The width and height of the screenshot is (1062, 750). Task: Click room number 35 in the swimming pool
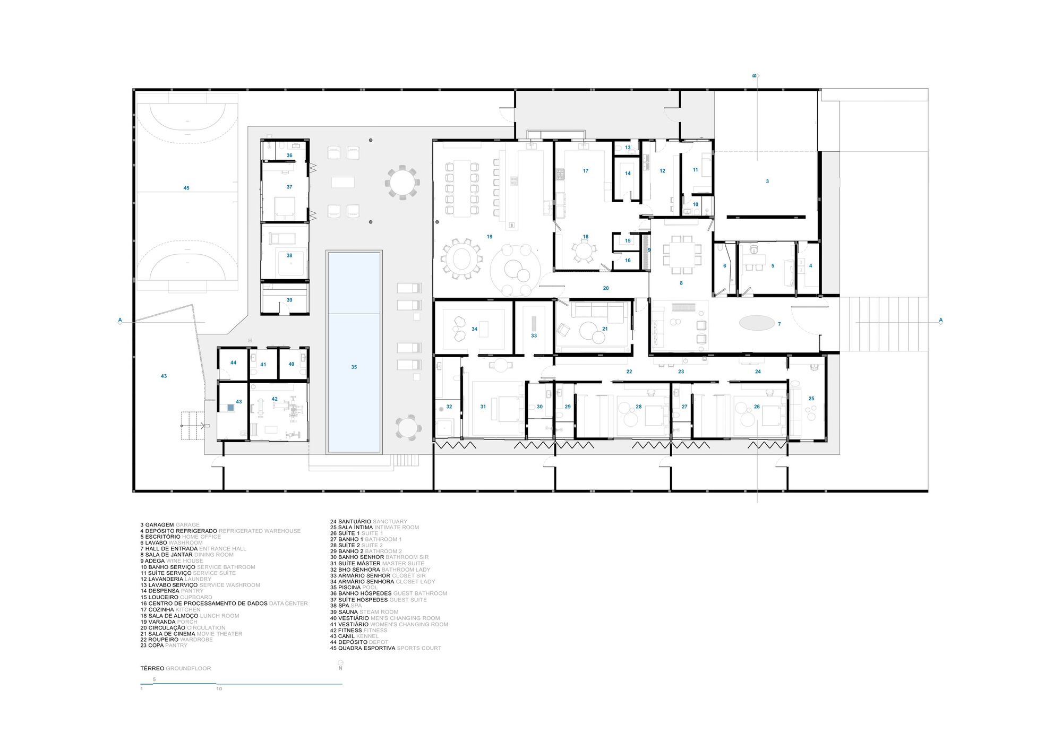pos(354,367)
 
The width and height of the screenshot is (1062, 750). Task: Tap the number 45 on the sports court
pos(186,188)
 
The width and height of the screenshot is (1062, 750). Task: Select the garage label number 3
pos(767,182)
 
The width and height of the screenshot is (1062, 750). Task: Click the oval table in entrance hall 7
pos(757,323)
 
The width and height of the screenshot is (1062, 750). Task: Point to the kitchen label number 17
pos(586,171)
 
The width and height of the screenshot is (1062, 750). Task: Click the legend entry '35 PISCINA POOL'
pos(354,588)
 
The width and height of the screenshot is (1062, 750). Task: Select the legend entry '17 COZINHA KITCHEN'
pos(170,610)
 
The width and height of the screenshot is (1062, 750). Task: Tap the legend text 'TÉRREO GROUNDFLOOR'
pos(176,668)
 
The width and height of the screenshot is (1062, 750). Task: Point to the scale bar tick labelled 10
pos(219,689)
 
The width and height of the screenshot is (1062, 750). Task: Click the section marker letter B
pos(754,76)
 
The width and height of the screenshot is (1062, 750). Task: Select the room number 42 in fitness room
pos(275,399)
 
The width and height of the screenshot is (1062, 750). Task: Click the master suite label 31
pos(483,407)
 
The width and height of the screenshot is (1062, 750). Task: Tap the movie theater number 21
pos(605,329)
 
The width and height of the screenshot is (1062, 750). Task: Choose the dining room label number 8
pos(681,283)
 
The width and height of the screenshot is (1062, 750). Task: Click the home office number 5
pos(773,266)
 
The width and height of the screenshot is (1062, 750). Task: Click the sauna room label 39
pos(289,300)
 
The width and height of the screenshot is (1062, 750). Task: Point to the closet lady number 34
pos(474,329)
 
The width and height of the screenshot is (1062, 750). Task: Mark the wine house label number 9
pos(649,250)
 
